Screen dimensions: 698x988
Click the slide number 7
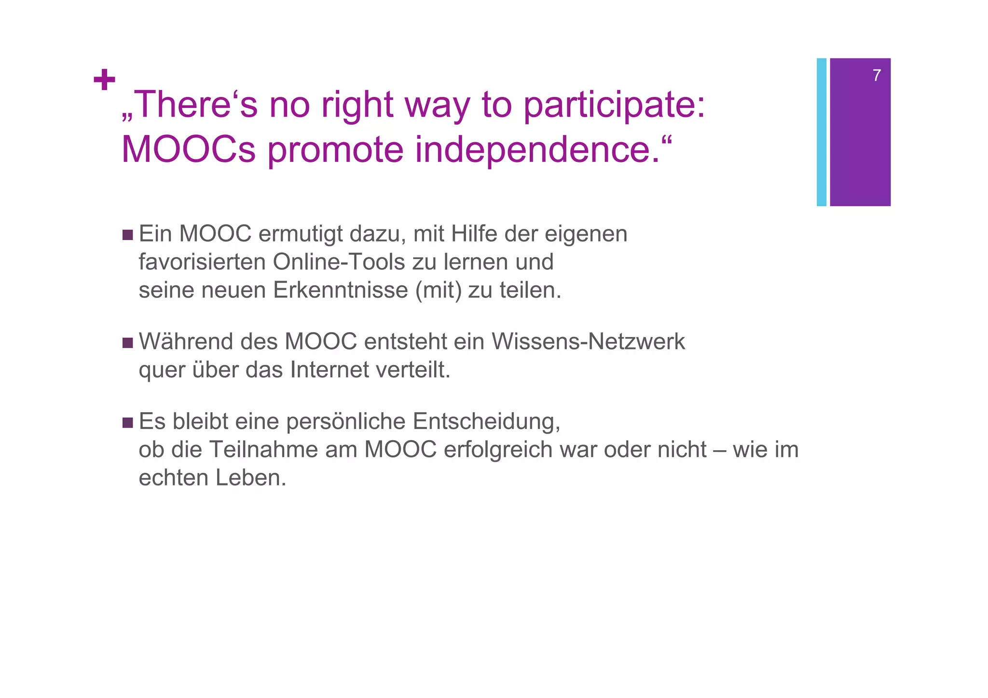click(877, 76)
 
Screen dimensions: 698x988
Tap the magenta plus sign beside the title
click(104, 80)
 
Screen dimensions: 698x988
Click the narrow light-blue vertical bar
click(821, 132)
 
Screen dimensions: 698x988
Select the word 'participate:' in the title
click(614, 105)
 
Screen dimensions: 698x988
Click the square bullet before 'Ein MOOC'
click(127, 235)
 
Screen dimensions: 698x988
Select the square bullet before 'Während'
click(127, 343)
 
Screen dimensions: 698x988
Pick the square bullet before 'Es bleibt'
click(127, 423)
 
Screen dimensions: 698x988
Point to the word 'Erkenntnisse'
click(341, 290)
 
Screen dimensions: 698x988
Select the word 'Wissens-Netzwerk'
click(588, 342)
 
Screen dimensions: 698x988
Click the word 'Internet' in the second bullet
click(330, 370)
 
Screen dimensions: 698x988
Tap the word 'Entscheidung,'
click(486, 422)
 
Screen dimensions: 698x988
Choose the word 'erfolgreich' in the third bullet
click(498, 450)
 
